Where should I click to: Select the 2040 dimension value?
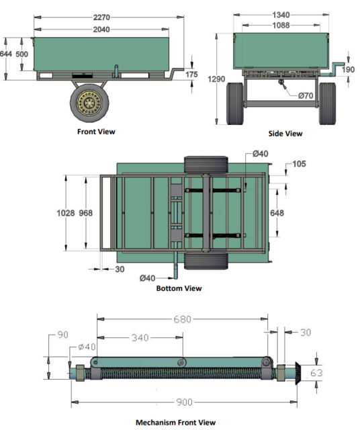tap(101, 30)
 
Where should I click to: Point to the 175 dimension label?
tap(192, 75)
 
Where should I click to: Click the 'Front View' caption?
tap(97, 132)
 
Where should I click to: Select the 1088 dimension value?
tap(281, 26)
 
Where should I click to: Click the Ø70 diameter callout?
tap(306, 95)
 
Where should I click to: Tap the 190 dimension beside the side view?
tap(349, 69)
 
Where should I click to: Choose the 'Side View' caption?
tap(285, 133)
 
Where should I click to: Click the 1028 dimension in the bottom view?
tap(66, 213)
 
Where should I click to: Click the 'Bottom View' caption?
tap(179, 288)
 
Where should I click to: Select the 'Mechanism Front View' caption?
tap(175, 422)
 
